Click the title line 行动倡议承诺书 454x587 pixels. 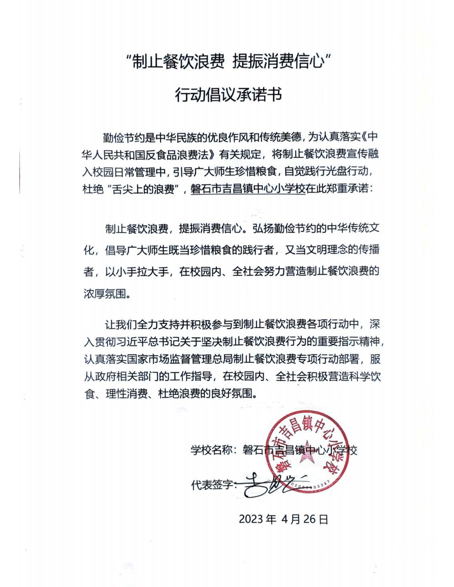tap(228, 95)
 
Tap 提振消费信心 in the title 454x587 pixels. tap(277, 63)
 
